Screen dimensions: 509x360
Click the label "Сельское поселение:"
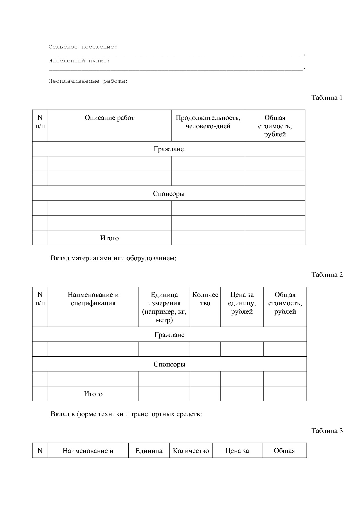click(83, 47)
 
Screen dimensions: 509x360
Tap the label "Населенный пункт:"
click(79, 61)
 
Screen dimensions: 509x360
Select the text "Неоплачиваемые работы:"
click(88, 81)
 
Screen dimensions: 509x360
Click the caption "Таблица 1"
click(327, 98)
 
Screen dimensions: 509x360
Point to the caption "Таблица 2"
click(327, 275)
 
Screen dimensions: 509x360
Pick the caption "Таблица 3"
click(327, 431)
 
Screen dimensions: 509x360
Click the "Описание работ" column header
click(109, 118)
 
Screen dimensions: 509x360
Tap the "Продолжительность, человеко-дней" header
click(208, 122)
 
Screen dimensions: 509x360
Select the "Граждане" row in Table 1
click(169, 149)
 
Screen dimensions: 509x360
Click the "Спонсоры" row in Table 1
click(169, 194)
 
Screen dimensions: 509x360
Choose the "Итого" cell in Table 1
click(109, 238)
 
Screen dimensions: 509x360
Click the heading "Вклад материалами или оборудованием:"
click(114, 258)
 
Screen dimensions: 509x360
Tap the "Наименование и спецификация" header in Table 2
click(93, 299)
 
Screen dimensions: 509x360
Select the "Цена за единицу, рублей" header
click(242, 303)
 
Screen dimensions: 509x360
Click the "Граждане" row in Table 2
click(169, 335)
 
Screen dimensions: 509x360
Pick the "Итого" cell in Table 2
click(93, 394)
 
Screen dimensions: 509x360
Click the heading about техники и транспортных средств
click(126, 414)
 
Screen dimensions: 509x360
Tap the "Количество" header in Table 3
click(191, 451)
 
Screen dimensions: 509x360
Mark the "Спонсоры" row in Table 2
click(169, 364)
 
